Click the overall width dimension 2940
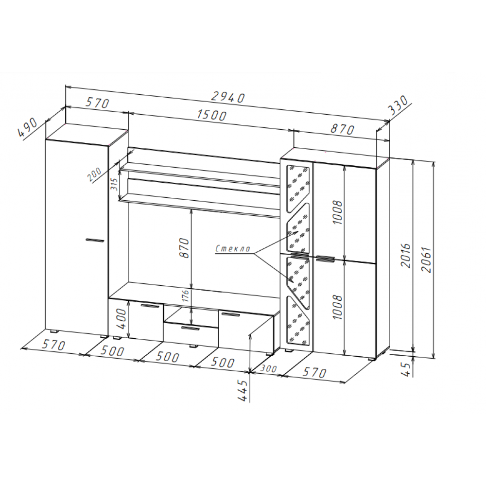tap(228, 97)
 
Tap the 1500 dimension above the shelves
tap(212, 115)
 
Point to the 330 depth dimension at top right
tap(399, 105)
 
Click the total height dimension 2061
tap(427, 260)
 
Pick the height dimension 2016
tap(406, 255)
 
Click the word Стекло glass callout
tap(233, 248)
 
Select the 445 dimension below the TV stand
tap(243, 391)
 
